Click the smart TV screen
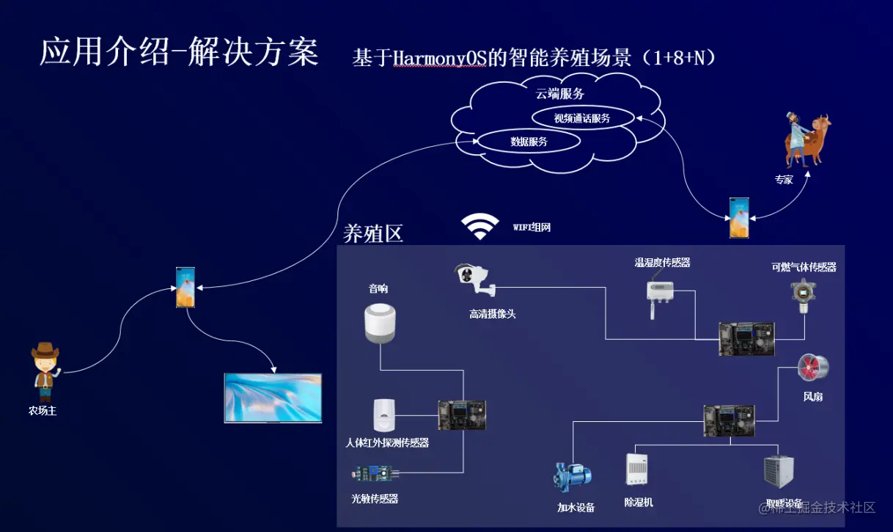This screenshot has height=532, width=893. [x=273, y=398]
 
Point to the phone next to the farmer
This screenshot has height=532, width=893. [x=185, y=287]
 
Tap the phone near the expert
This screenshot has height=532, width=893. [x=738, y=217]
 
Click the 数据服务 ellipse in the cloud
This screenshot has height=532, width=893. [x=529, y=142]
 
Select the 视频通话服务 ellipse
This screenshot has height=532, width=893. [x=582, y=117]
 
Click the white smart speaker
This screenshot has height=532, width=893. [x=380, y=323]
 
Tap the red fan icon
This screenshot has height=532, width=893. [x=812, y=368]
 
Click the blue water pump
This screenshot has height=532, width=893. [x=572, y=476]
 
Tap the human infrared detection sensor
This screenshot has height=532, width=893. [x=384, y=416]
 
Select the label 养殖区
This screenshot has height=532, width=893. [x=373, y=233]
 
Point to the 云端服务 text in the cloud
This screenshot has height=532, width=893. [x=559, y=94]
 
